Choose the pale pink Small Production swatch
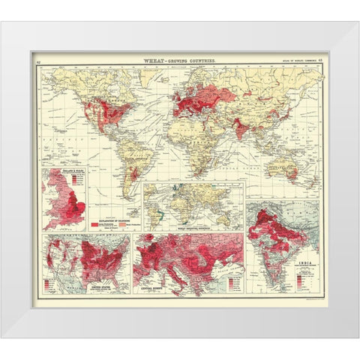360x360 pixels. pyautogui.click(x=120, y=223)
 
